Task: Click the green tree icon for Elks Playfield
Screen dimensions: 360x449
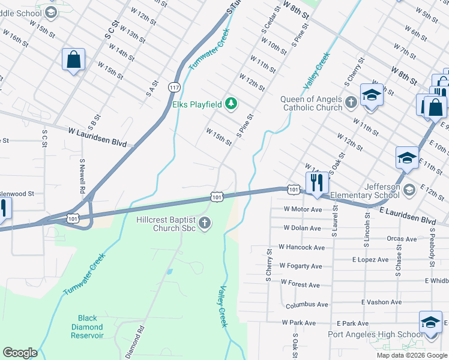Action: pos(231,105)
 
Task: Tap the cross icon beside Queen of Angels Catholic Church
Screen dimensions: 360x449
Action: pos(351,103)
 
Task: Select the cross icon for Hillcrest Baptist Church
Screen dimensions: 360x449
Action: pos(204,224)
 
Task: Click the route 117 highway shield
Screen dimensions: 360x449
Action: pos(174,87)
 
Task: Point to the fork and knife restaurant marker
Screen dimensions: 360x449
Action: pos(316,182)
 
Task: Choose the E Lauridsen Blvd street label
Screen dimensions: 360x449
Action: pos(407,214)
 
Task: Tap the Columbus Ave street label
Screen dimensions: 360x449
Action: pos(307,305)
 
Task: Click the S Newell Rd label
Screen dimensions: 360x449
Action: pos(82,176)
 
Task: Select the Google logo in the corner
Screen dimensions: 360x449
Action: pos(20,353)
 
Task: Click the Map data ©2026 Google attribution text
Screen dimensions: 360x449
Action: pos(412,355)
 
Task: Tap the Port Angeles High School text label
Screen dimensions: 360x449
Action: pos(375,335)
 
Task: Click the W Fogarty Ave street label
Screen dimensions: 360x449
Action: pos(301,266)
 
